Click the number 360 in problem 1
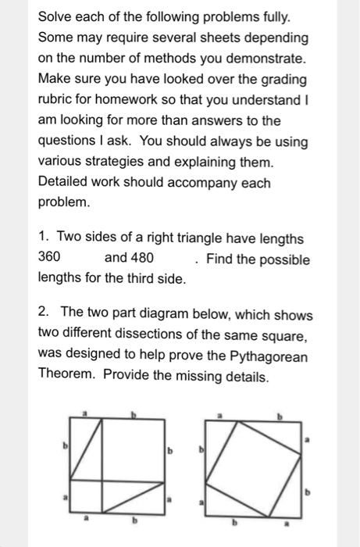[50, 259]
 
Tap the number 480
[140, 259]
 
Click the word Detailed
[66, 183]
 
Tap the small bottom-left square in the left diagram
[86, 497]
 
